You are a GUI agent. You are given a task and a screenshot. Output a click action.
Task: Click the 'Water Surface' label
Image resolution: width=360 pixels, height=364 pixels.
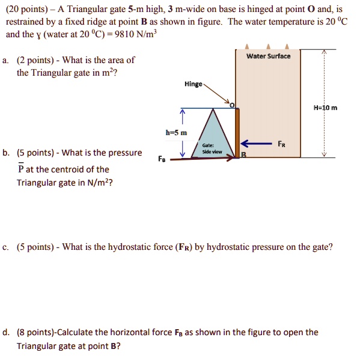tap(268, 56)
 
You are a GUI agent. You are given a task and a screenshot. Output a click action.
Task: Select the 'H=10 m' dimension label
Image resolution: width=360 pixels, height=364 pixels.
tap(325, 108)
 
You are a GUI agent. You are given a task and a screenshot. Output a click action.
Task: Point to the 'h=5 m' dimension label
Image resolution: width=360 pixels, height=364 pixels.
tap(176, 132)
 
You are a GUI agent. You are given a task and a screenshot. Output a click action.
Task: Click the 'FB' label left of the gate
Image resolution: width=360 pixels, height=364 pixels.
tap(161, 160)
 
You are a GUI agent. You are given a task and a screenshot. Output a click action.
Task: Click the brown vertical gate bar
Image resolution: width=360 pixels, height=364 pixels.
tap(237, 132)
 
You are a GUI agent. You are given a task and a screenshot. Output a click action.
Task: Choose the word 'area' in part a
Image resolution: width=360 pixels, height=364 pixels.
tap(103, 59)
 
